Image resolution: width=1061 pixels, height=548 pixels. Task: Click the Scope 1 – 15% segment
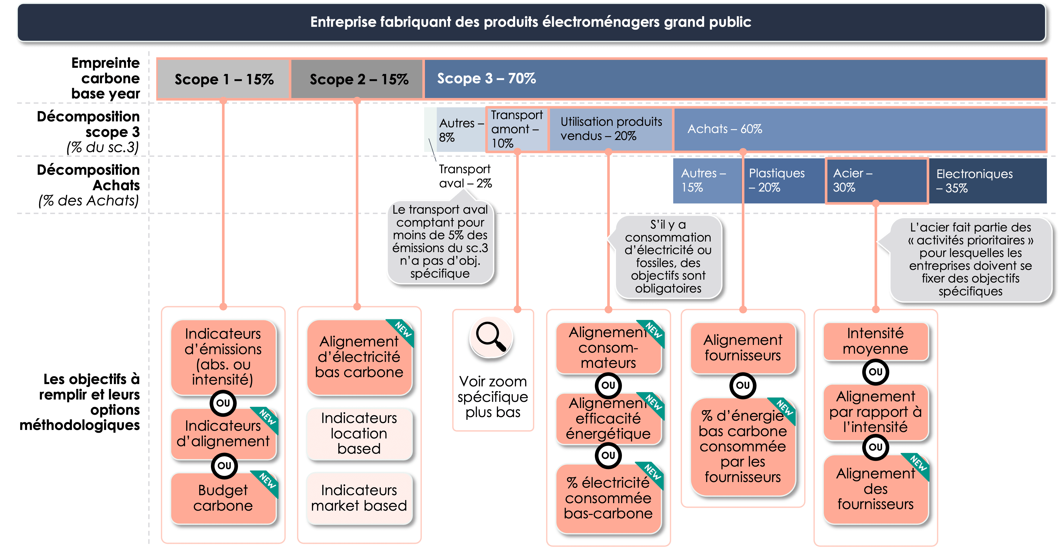tap(224, 79)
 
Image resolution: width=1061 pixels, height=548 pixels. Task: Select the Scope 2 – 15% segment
tap(357, 79)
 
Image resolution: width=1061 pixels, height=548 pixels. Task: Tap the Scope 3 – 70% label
tap(487, 78)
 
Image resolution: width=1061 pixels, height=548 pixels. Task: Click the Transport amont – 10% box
tap(517, 129)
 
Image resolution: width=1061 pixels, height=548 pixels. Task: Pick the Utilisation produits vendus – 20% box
tap(611, 129)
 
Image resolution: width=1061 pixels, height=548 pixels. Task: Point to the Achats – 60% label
tap(725, 129)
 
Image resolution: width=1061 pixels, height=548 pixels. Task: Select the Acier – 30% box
tap(876, 180)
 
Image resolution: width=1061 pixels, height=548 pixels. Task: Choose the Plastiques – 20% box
tap(783, 180)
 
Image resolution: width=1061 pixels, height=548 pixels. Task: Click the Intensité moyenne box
tap(875, 341)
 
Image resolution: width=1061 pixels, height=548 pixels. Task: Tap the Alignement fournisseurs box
tap(743, 348)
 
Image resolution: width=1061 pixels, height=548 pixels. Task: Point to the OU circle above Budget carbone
tap(224, 466)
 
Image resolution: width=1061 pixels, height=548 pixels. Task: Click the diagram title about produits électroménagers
tap(531, 22)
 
